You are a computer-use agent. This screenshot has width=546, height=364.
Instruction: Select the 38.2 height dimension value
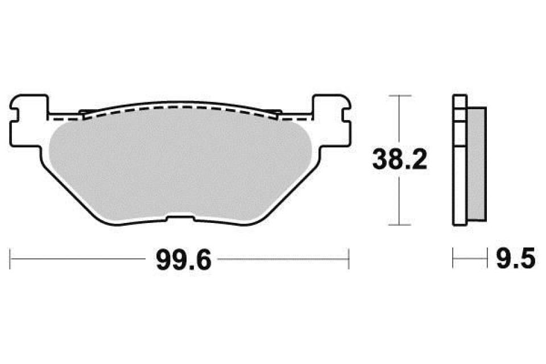click(399, 160)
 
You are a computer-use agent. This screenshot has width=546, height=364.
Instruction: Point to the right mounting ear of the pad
click(330, 119)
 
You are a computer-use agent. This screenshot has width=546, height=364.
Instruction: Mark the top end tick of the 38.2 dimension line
click(402, 96)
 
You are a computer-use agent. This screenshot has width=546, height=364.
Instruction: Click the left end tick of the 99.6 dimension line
click(12, 259)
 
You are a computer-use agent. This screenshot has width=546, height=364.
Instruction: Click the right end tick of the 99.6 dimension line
click(348, 259)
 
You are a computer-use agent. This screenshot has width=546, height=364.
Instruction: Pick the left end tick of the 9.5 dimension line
click(453, 259)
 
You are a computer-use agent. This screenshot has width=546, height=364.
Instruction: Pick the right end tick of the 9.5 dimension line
click(487, 259)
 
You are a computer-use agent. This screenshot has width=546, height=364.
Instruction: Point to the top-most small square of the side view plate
click(458, 101)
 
